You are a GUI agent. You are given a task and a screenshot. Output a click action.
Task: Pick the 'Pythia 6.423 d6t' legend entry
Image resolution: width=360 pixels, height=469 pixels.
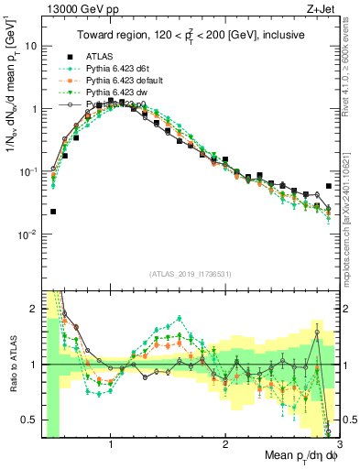tap(118, 68)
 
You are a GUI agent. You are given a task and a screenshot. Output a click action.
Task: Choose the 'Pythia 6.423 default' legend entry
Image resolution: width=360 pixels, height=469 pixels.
tap(125, 80)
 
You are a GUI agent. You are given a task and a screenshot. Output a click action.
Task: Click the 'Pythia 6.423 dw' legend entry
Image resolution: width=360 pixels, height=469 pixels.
tap(117, 92)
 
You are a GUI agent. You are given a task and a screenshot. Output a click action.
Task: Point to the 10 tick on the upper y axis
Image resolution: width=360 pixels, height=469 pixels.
tap(30, 46)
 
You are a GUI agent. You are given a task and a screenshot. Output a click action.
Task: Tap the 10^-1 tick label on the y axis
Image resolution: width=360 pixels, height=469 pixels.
tap(27, 171)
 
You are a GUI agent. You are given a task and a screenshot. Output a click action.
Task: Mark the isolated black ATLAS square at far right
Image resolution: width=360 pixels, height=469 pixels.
tap(329, 186)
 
